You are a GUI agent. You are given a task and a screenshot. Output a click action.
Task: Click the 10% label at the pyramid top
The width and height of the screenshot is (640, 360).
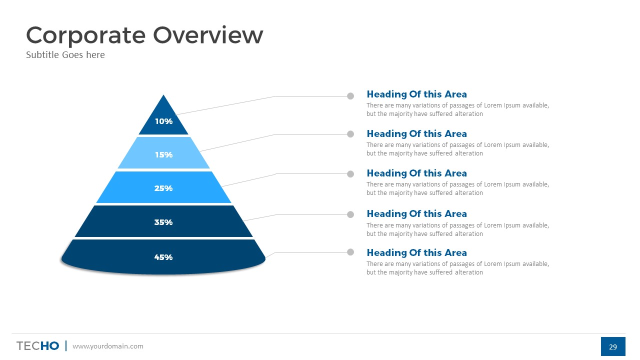[x=163, y=121]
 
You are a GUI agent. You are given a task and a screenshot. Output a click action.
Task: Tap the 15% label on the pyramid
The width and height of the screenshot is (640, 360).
[x=163, y=155]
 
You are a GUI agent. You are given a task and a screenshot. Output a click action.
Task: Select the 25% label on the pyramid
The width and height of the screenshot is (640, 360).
[x=163, y=188]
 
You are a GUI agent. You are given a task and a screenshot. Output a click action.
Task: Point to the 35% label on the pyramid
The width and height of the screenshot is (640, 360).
[x=163, y=222]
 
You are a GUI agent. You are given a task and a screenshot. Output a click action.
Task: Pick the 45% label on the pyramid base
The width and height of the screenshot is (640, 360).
[x=163, y=257]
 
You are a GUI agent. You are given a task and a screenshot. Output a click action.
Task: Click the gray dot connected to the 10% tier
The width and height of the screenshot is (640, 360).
[x=350, y=96]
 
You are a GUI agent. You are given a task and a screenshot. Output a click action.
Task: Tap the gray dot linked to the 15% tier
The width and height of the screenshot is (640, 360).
[x=350, y=134]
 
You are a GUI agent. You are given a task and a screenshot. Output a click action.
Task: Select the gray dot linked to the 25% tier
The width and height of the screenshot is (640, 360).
[x=350, y=174]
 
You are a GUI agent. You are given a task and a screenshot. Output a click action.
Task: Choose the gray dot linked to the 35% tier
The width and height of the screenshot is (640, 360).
[x=350, y=214]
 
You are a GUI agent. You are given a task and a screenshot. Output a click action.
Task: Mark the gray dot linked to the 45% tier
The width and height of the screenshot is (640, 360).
[x=350, y=252]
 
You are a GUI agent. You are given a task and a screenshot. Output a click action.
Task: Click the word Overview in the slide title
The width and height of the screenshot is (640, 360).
[x=208, y=35]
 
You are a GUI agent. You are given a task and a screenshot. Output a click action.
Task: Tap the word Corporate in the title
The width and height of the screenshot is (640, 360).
[x=85, y=36]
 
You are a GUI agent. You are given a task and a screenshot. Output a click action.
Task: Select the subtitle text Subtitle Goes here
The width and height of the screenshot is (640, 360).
[x=65, y=54]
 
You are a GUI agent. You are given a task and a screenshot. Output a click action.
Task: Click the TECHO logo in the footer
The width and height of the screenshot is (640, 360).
[x=37, y=345]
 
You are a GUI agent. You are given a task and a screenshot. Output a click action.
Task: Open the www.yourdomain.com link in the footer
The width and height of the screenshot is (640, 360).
[x=108, y=346]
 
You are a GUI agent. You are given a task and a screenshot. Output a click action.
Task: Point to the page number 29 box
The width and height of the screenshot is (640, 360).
[x=613, y=346]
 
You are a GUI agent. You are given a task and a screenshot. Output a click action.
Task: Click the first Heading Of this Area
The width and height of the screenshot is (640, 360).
[x=416, y=94]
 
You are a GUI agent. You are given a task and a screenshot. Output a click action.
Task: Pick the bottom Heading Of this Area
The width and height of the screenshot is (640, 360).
[x=416, y=252]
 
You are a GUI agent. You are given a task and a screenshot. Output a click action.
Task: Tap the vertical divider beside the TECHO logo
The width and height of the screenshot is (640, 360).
[x=66, y=345]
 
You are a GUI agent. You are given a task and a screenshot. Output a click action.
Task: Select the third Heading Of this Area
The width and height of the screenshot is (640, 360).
[x=416, y=173]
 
